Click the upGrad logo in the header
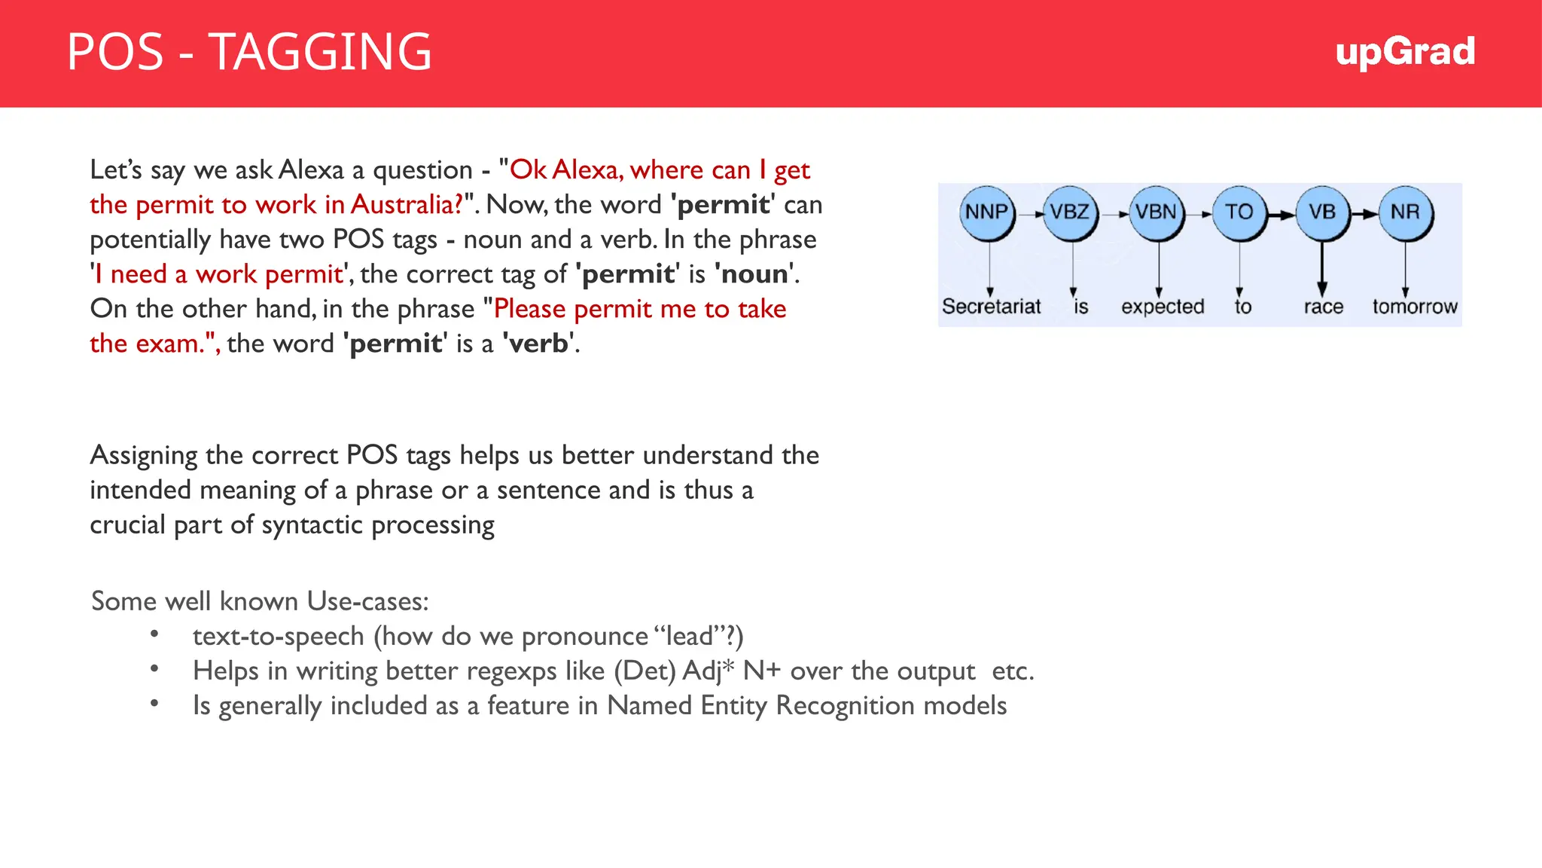[1404, 53]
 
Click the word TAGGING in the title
[319, 53]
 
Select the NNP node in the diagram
[986, 212]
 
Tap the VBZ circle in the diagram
[1070, 212]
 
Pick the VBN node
[1156, 212]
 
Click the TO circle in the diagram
[1239, 212]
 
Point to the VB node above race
[1322, 212]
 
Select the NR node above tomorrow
[1405, 212]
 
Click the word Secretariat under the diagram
[991, 307]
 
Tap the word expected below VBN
[1163, 307]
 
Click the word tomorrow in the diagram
[1414, 307]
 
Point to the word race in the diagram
[1323, 307]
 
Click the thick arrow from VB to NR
[1364, 214]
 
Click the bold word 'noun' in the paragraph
[755, 274]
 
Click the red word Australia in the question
[406, 205]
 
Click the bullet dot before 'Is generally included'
[154, 704]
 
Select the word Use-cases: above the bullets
[367, 602]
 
